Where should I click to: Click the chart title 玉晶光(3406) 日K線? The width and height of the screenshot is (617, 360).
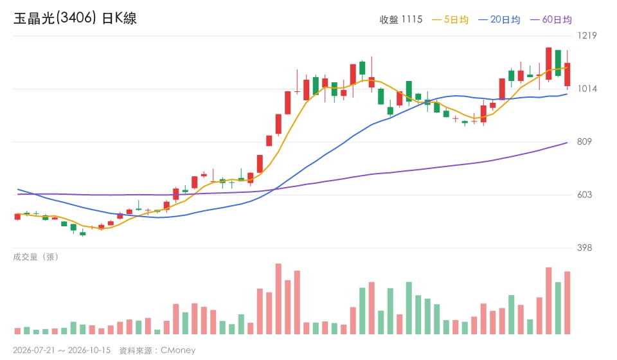[x=75, y=18]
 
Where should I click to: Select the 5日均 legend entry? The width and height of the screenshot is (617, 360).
[x=450, y=20]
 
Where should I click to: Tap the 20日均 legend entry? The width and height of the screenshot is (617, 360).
[x=499, y=20]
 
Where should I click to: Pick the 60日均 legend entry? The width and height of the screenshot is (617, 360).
[x=551, y=20]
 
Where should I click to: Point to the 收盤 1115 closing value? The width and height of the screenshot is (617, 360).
[x=400, y=20]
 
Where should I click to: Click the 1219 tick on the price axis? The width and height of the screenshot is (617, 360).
[x=587, y=35]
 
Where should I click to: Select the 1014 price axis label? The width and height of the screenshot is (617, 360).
[x=587, y=89]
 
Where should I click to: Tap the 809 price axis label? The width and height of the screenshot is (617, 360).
[x=584, y=141]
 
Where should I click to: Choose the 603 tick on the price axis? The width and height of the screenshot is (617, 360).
[x=584, y=195]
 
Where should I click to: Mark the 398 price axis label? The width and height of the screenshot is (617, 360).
[x=584, y=248]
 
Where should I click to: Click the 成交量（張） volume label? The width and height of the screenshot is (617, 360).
[x=36, y=257]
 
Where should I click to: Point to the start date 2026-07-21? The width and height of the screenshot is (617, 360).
[x=34, y=350]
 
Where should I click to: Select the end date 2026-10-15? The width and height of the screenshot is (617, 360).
[x=89, y=350]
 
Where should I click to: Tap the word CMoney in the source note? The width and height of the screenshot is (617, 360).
[x=178, y=350]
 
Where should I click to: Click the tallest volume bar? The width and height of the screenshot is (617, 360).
[x=278, y=299]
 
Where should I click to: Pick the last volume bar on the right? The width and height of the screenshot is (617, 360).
[x=568, y=303]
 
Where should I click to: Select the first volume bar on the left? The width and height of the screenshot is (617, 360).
[x=17, y=331]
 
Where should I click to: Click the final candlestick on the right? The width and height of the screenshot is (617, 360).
[x=568, y=75]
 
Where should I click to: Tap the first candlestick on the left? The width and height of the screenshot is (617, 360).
[x=17, y=217]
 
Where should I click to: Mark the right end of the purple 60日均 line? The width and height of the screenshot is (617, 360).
[x=568, y=143]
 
